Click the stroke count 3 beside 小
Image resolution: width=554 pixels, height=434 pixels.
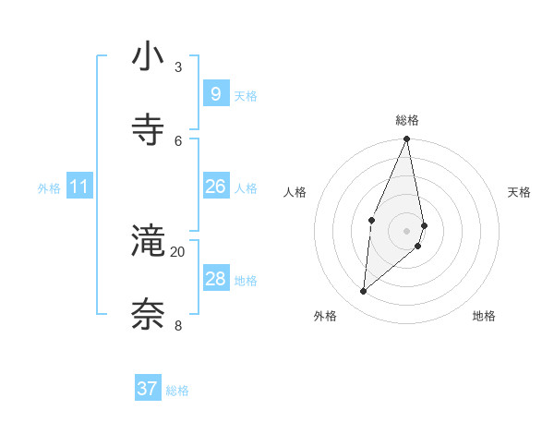177,67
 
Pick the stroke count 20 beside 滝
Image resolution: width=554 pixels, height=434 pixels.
177,251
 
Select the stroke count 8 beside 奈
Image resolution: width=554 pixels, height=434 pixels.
177,324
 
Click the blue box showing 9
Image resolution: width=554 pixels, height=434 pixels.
215,94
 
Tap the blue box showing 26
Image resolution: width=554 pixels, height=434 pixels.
215,187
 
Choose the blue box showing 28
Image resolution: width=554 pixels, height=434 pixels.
215,279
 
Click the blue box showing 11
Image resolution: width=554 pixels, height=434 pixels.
78,187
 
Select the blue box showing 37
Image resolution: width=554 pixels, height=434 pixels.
147,389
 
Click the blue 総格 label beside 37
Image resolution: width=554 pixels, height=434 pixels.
177,391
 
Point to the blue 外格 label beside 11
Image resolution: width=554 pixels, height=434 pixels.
49,188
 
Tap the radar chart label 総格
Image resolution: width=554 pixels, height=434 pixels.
407,120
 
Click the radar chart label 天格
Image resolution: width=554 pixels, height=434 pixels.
520,192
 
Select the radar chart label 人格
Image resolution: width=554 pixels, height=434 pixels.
295,192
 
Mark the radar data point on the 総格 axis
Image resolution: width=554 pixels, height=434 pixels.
406,139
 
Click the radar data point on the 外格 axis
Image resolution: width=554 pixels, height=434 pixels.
364,291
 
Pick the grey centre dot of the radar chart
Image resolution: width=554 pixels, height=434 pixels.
406,230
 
